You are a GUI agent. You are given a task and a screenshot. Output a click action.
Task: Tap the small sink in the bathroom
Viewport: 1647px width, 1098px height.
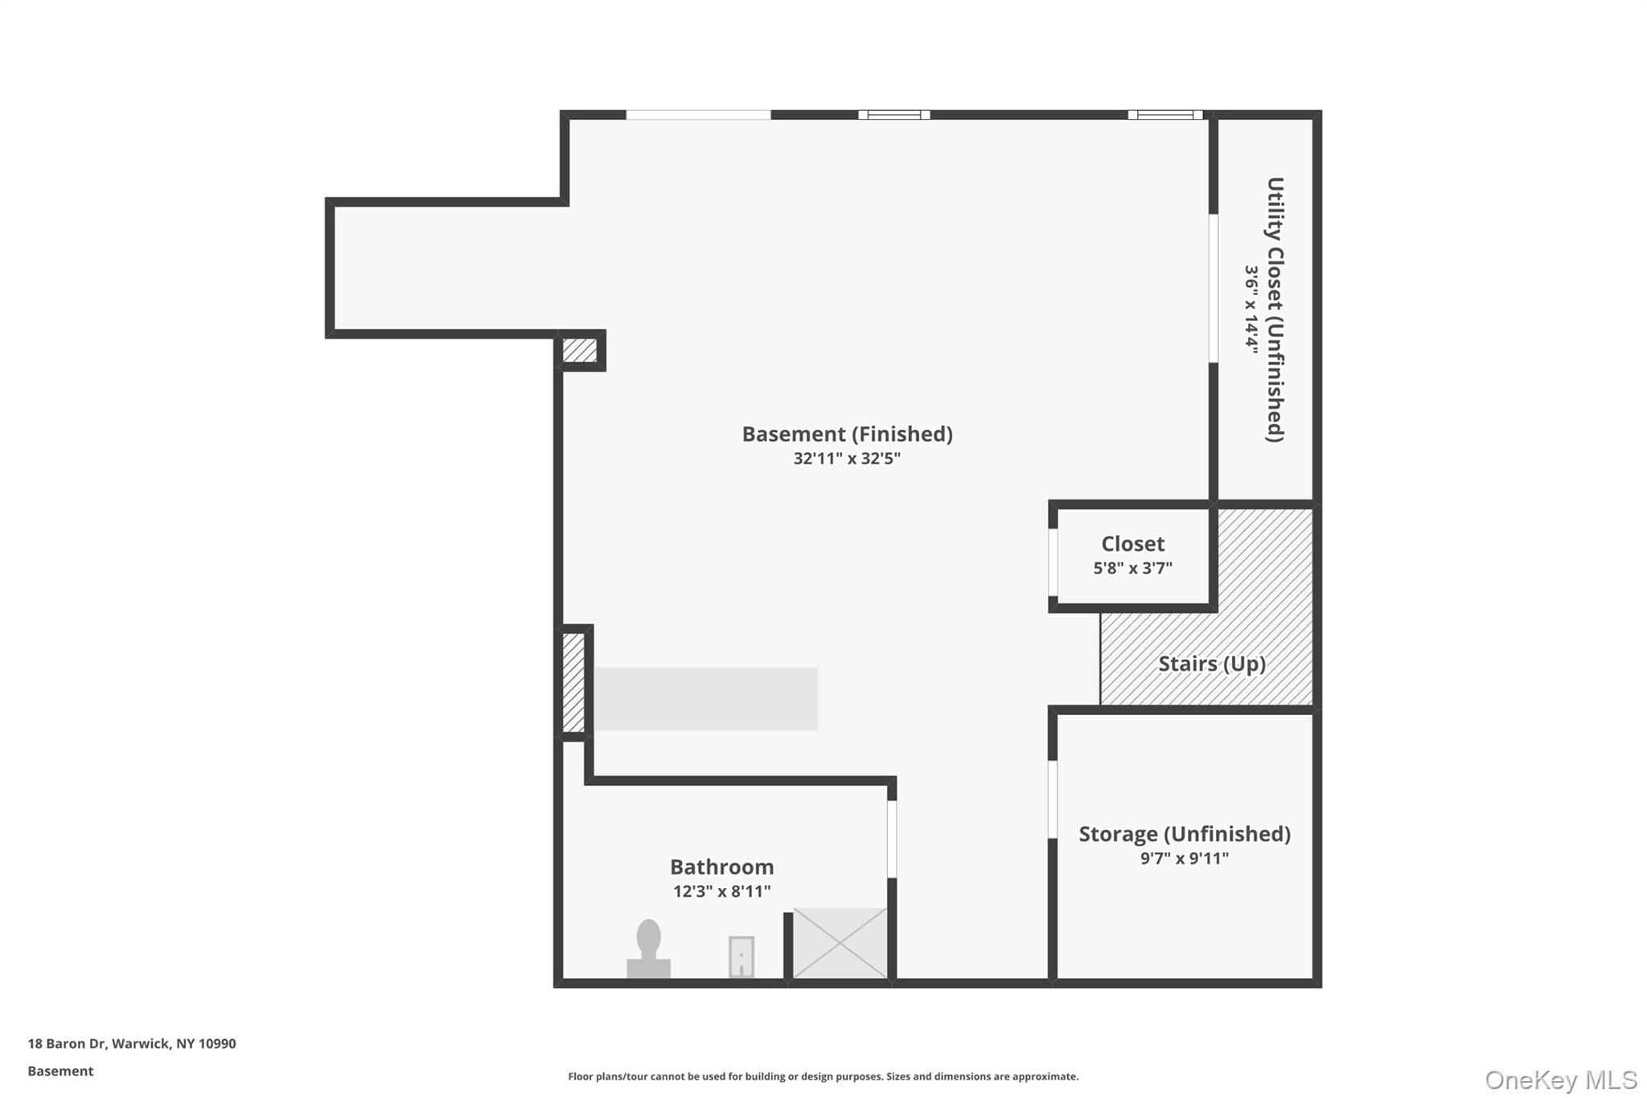pos(741,956)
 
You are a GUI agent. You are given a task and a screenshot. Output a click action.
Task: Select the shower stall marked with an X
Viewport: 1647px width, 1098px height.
pos(840,943)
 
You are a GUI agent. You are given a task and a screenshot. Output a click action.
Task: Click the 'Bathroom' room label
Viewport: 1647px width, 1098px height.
pos(722,866)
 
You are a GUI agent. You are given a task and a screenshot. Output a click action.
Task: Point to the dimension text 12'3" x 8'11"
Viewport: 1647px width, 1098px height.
pos(722,891)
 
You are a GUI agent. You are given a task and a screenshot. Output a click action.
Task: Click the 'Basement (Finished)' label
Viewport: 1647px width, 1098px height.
pos(848,434)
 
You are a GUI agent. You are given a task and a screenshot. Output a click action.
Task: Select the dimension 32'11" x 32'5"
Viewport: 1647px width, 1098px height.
pos(847,459)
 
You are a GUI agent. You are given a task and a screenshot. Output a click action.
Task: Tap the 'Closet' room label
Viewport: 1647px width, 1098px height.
pos(1133,544)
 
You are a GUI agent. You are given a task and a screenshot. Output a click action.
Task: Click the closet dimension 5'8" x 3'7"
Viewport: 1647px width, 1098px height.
pos(1133,568)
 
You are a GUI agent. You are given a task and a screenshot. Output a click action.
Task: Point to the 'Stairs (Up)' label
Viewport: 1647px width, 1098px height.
pos(1212,664)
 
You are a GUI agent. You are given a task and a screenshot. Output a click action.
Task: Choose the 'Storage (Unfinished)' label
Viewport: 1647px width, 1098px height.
pos(1185,834)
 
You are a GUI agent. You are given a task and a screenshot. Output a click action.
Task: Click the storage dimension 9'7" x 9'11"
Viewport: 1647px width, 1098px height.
pos(1185,858)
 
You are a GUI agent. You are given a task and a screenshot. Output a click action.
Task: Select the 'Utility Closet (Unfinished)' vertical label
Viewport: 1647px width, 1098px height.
pos(1275,310)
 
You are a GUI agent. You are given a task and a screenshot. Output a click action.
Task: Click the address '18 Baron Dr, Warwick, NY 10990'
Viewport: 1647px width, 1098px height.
pos(132,1044)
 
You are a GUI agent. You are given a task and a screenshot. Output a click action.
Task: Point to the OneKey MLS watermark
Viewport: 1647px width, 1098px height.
pos(1561,1079)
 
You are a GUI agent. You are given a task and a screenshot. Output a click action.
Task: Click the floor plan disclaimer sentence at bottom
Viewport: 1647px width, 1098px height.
pos(823,1076)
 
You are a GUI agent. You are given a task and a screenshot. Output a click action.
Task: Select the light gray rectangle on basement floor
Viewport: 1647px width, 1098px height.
pos(706,698)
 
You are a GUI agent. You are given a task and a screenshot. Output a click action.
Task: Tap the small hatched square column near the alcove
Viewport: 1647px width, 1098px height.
pos(579,351)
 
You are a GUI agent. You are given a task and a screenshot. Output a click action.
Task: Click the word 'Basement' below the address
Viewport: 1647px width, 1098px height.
pos(60,1071)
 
